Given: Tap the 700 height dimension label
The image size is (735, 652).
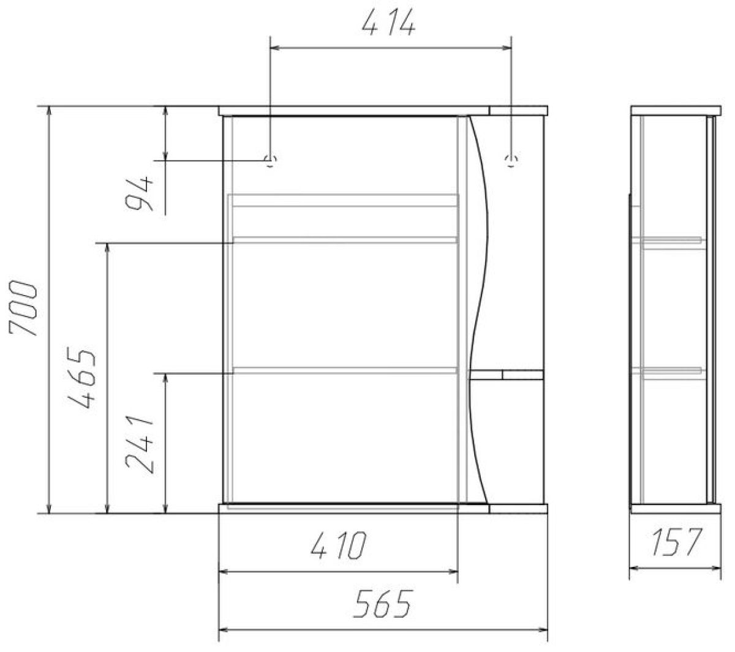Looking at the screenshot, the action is [x=23, y=308].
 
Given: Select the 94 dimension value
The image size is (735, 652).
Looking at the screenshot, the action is [x=139, y=193].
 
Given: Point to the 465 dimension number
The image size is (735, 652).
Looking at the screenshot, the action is [x=81, y=378].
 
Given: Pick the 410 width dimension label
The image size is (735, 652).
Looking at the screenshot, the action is [x=339, y=545].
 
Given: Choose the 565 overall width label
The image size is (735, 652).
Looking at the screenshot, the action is [x=383, y=604].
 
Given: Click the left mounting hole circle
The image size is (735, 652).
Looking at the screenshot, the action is [x=270, y=160].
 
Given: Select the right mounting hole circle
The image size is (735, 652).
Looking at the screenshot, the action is [x=511, y=160].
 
